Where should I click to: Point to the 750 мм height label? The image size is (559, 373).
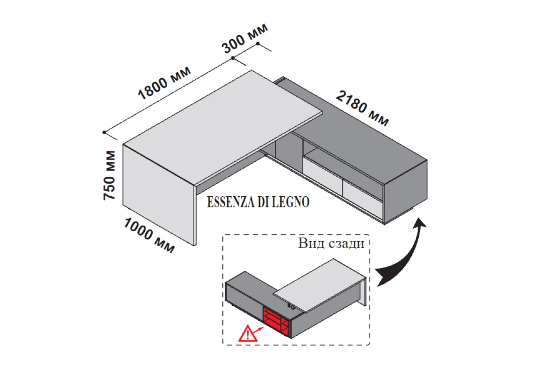(x=109, y=175)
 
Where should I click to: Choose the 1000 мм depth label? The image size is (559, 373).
(x=149, y=235)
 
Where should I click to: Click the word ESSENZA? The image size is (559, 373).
(x=230, y=203)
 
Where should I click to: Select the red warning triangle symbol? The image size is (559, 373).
(x=247, y=334)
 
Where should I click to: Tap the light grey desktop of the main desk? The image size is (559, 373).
(x=224, y=126)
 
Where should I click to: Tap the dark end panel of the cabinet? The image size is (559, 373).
(x=405, y=191)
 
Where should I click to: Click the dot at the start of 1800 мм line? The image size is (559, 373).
(x=104, y=132)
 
